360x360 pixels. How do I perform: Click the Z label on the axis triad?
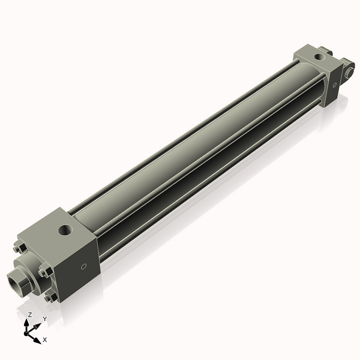click(30, 314)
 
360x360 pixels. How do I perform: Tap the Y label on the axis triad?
click(44, 319)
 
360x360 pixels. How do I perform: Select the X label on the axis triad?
click(45, 340)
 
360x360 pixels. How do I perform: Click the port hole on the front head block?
click(64, 229)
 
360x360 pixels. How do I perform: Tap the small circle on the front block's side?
click(83, 266)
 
